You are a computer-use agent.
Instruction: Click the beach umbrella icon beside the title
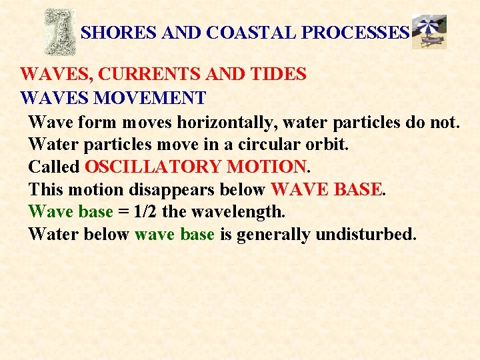429,31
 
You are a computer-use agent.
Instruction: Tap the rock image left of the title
59,31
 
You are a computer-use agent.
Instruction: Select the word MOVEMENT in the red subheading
150,99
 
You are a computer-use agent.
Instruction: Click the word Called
54,167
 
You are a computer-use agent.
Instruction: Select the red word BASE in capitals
357,189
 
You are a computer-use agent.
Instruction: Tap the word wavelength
237,212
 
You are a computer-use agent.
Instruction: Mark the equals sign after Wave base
123,213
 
